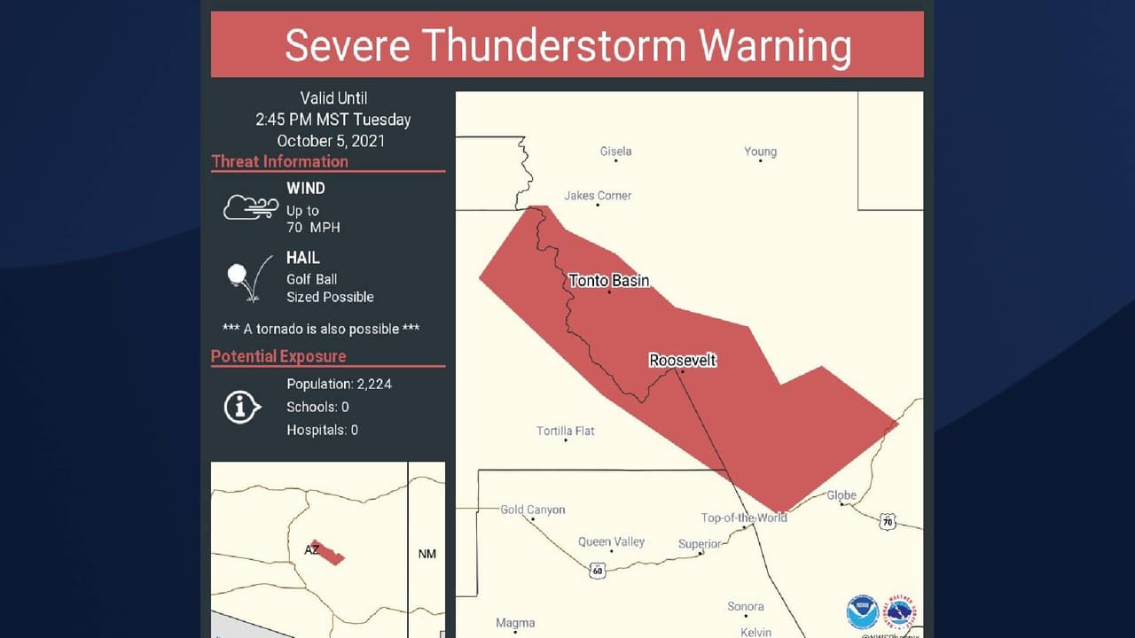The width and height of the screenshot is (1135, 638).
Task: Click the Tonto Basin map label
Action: point(609,281)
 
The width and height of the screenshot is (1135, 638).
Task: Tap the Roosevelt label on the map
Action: point(682,361)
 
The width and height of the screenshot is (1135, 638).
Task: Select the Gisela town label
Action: point(615,152)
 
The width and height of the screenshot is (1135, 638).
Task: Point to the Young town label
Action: point(760,152)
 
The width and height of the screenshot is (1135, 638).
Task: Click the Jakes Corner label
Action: point(598,196)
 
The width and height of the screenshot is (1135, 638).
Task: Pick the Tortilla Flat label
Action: point(566,432)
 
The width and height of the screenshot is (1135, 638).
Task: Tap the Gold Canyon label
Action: point(532,510)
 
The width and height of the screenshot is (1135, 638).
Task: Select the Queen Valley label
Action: point(611,541)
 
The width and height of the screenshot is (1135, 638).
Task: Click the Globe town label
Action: point(841,495)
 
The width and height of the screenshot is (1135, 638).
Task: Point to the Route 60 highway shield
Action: point(598,570)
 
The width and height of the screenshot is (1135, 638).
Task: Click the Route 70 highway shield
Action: point(888,522)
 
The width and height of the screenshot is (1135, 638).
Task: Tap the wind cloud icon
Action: point(250,207)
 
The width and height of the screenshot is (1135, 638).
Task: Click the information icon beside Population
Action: point(242,408)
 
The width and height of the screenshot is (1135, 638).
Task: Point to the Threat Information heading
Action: point(279,161)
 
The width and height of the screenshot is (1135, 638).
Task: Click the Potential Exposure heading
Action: point(278,356)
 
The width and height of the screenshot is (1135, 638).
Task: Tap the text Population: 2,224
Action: point(339,384)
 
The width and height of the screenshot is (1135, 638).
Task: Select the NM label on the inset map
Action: point(427,554)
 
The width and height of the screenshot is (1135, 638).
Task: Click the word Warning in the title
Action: point(775,45)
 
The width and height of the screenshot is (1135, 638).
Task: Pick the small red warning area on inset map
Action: point(327,552)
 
